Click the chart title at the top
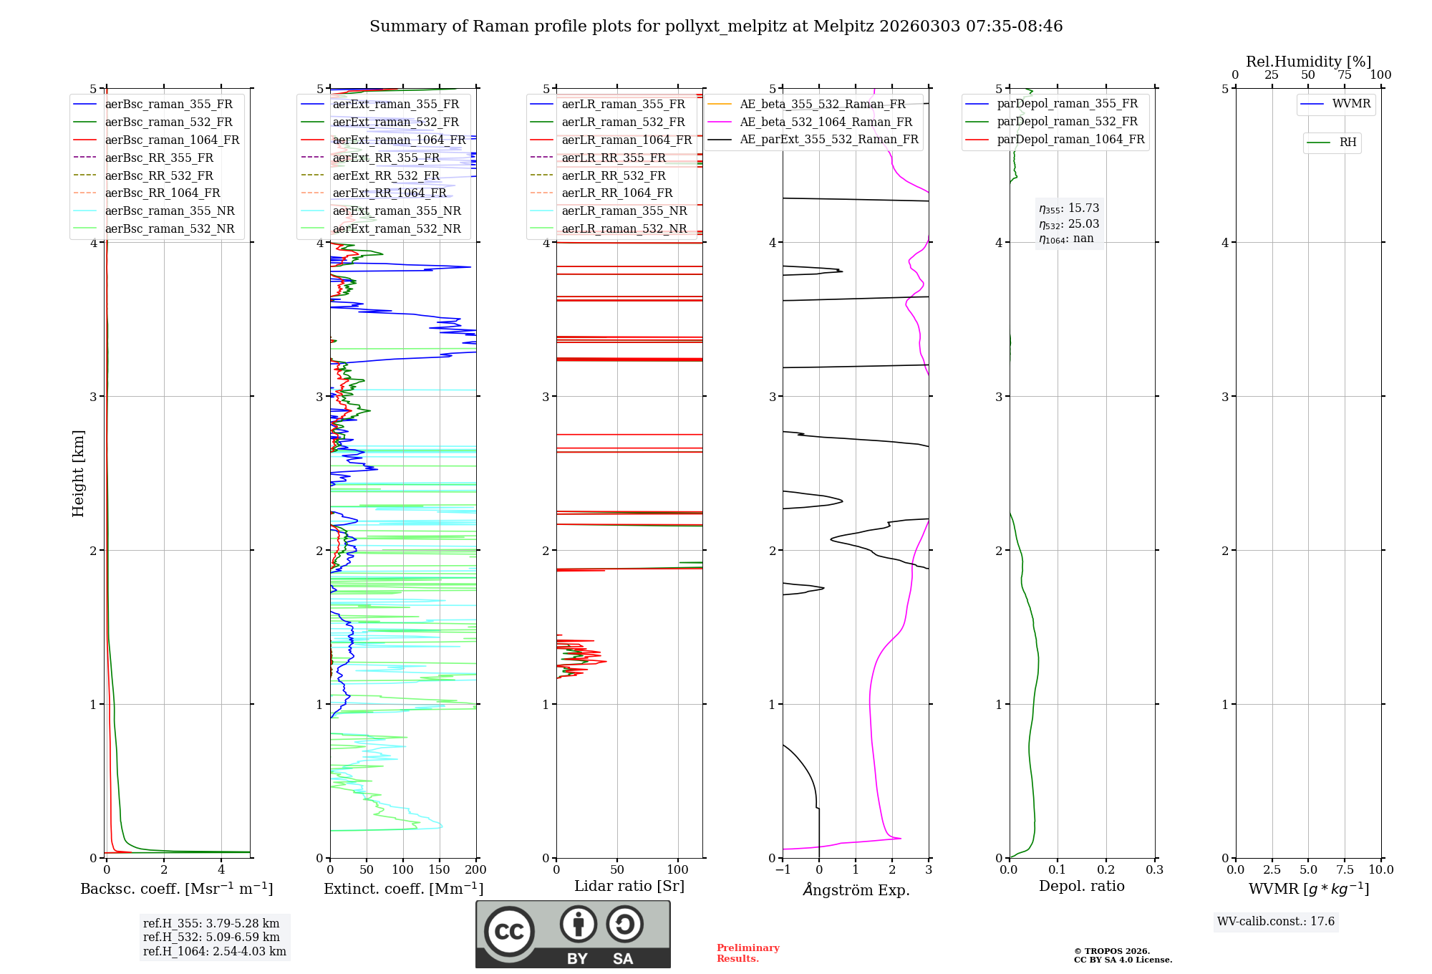click(716, 26)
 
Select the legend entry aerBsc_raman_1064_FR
click(172, 140)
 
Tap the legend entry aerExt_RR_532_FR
click(386, 176)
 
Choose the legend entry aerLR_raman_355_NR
click(624, 211)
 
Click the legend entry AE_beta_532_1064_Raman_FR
click(826, 122)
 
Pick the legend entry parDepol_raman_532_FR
click(1067, 122)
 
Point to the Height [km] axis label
click(78, 473)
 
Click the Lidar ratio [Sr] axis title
click(629, 886)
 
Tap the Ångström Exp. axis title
click(856, 890)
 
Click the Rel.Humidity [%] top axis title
click(1308, 62)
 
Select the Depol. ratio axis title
click(1081, 886)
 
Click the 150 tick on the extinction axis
click(440, 869)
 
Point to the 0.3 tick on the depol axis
click(1154, 869)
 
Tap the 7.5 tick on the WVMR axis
click(1345, 869)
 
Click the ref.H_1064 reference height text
click(214, 952)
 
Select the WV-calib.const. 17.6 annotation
click(1276, 922)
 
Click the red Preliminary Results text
click(748, 953)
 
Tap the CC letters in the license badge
click(509, 932)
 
